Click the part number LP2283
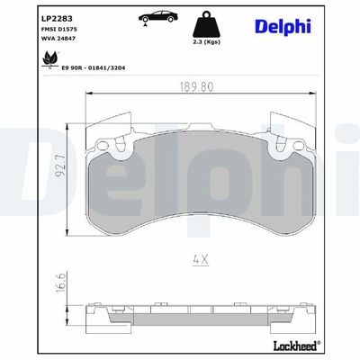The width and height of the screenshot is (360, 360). click(x=57, y=19)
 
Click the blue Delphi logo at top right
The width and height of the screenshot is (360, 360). click(x=283, y=26)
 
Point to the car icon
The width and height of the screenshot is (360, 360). click(x=158, y=17)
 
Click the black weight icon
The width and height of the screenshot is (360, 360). click(x=206, y=24)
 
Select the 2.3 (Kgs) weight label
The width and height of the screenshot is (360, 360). click(x=206, y=42)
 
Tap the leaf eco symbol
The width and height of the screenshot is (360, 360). click(x=49, y=59)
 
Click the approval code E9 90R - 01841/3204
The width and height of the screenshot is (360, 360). click(x=94, y=68)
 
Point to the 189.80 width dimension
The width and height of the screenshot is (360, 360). click(x=196, y=86)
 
